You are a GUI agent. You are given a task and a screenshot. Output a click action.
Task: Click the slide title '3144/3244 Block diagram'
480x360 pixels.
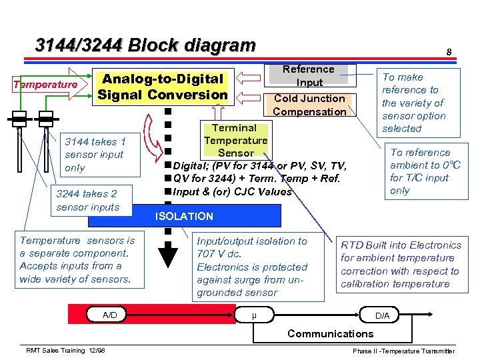[145, 45]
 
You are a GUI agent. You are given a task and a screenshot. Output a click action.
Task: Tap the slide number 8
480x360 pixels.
[449, 52]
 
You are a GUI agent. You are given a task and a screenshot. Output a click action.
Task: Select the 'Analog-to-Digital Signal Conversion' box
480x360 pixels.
[163, 87]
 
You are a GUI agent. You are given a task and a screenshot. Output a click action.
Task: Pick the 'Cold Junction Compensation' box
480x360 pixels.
[309, 105]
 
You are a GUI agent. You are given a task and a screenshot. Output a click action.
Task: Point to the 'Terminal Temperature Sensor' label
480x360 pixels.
[235, 140]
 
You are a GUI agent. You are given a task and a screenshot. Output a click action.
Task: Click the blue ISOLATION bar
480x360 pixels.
[184, 216]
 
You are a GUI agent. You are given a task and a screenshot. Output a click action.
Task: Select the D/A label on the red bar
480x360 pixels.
[383, 315]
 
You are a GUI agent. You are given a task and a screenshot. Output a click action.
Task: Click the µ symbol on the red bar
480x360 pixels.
[255, 315]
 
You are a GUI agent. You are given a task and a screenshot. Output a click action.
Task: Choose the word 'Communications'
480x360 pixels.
[330, 333]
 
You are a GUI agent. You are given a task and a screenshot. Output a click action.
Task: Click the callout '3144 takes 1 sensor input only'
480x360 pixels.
[94, 154]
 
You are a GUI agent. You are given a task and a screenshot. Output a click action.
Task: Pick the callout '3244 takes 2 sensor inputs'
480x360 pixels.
[87, 200]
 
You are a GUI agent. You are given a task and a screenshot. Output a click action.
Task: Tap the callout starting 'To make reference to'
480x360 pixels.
[413, 103]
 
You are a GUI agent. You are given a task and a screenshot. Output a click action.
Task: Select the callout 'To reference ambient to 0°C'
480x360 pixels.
[425, 171]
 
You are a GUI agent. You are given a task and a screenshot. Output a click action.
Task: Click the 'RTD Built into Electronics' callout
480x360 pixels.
[401, 264]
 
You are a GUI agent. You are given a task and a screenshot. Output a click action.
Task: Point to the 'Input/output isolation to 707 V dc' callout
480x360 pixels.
[252, 267]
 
